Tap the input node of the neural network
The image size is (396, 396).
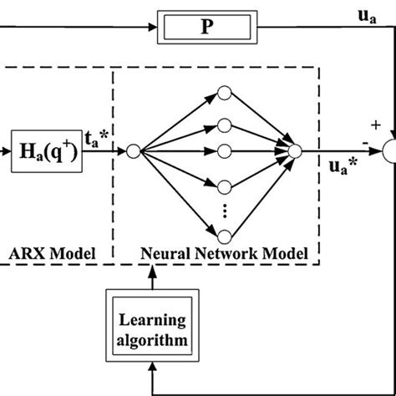pos(133,151)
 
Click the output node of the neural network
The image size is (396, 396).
pos(293,151)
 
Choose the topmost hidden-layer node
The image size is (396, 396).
pos(224,93)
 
